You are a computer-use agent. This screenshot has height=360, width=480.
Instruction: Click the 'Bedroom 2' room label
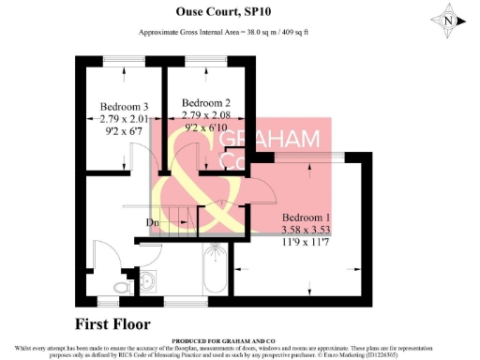click(x=206, y=102)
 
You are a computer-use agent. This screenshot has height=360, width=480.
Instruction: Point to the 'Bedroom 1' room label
click(x=310, y=217)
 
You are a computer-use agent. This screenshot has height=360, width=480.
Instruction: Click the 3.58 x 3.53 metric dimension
click(x=310, y=229)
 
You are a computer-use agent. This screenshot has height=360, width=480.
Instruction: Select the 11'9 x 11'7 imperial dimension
click(x=310, y=241)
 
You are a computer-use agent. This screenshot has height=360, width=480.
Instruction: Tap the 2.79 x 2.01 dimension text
click(x=126, y=118)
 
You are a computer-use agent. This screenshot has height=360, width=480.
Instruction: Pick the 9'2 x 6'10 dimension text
click(x=206, y=126)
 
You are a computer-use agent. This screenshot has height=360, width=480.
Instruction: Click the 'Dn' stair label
click(x=151, y=222)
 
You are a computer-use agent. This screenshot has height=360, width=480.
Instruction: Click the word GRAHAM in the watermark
click(x=260, y=140)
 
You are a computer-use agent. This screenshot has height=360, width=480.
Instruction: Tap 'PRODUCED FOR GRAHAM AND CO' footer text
click(x=240, y=341)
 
